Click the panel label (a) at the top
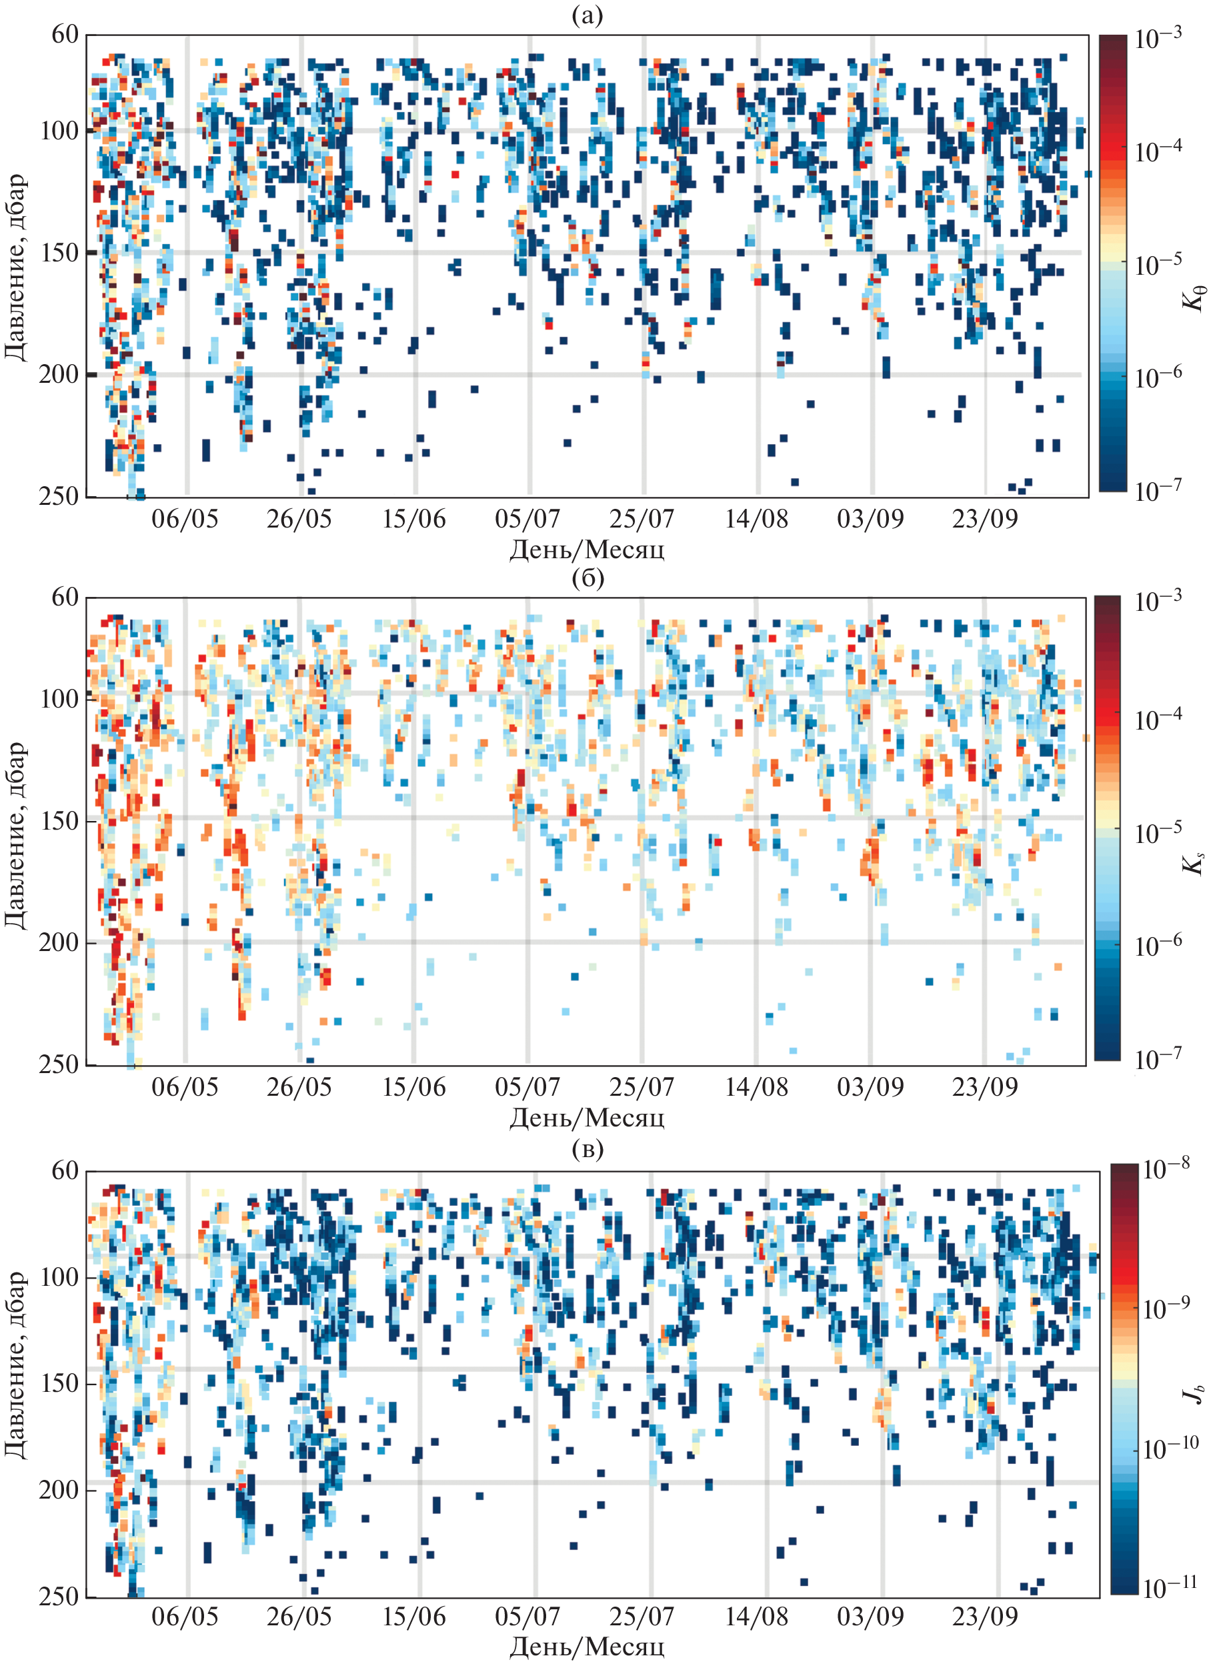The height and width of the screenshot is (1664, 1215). point(587,15)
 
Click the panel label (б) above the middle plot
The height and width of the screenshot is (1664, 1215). point(587,578)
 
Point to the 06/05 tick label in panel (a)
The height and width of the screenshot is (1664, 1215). point(185,520)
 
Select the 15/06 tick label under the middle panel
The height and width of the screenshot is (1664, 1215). point(413,1086)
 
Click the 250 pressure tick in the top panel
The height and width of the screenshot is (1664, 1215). point(59,497)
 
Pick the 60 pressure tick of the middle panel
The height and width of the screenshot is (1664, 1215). point(65,598)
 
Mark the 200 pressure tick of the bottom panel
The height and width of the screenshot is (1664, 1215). point(59,1490)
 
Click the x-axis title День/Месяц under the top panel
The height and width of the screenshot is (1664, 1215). point(587,550)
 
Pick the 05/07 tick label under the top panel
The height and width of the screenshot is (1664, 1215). point(527,520)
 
